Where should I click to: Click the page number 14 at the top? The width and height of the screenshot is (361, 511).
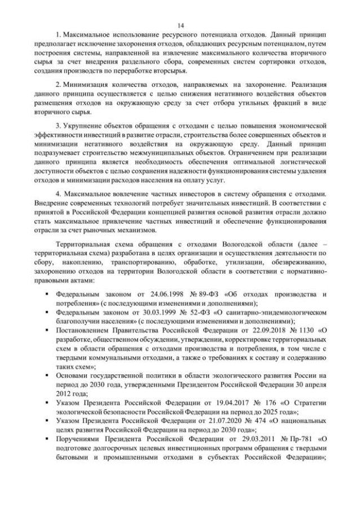(180, 25)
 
